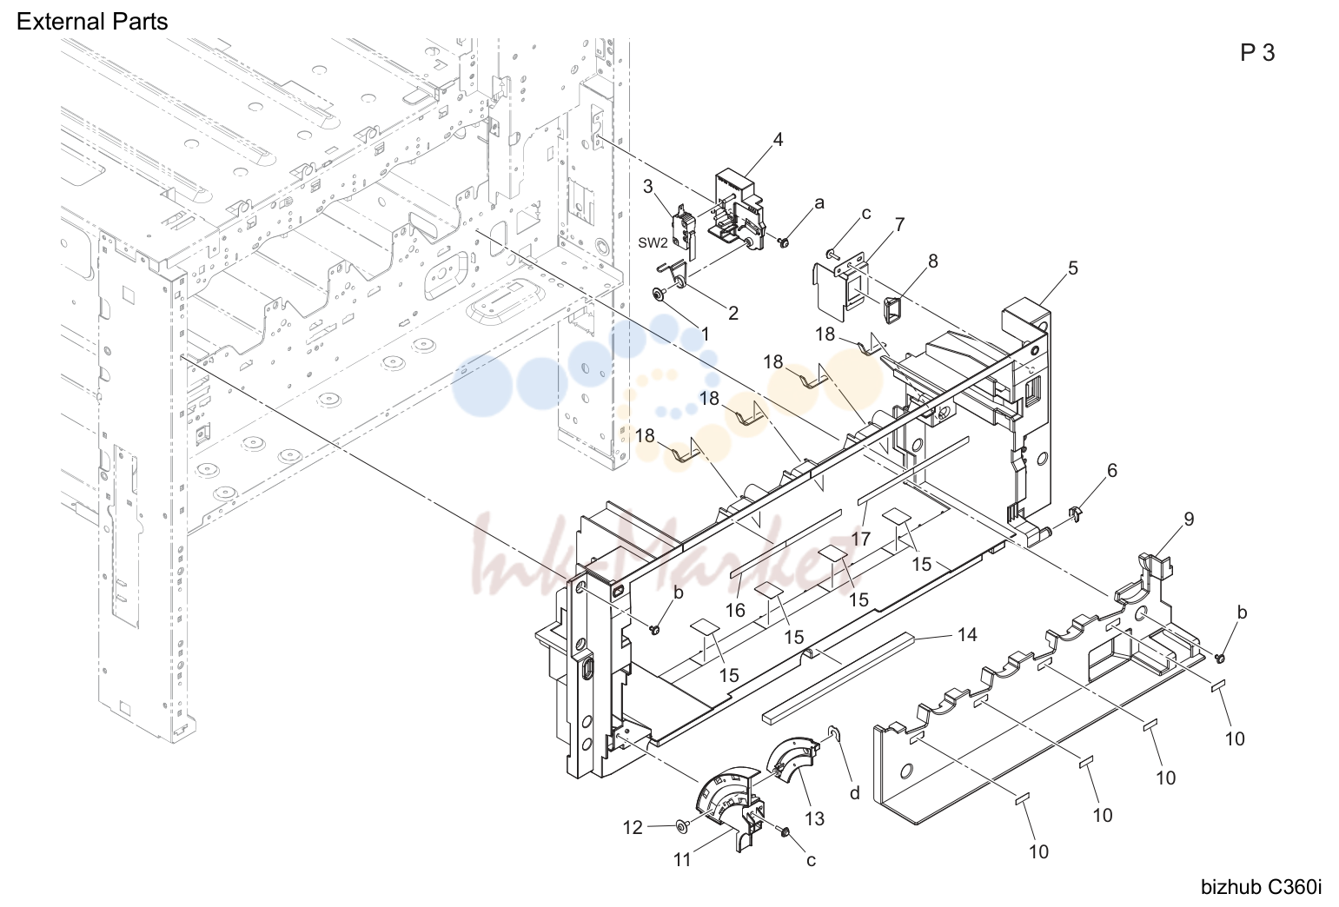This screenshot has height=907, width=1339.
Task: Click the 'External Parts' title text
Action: tap(92, 22)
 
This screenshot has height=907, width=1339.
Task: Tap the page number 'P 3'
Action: tap(1257, 53)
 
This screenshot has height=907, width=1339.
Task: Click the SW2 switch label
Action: tap(653, 242)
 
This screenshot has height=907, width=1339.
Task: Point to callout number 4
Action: tap(778, 139)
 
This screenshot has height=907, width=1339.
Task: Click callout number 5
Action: tap(1073, 268)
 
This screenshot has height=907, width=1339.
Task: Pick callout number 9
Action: tap(1189, 520)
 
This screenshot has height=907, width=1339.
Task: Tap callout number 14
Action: tap(967, 634)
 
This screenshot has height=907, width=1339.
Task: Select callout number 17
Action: tap(861, 539)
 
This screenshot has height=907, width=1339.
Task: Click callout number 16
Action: tap(735, 610)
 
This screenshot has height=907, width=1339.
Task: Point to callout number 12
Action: tap(633, 828)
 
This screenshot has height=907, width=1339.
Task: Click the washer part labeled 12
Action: tap(681, 825)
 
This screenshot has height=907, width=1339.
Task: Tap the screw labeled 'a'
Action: tap(785, 242)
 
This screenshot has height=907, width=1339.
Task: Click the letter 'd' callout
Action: tap(855, 793)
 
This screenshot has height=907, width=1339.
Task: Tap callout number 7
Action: tap(899, 224)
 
